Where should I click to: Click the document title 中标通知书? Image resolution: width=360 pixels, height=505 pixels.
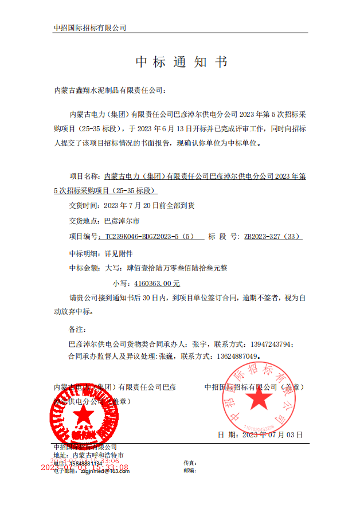coord(181,62)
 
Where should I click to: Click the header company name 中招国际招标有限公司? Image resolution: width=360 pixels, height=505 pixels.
coord(89,28)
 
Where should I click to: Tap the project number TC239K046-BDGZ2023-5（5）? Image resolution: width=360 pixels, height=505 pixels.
coord(150,236)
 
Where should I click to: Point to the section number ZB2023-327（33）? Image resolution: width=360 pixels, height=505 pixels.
coord(273,236)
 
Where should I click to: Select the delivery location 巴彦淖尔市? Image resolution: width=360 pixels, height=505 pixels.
coord(122,220)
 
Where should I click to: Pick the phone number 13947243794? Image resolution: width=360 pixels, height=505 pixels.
coord(270,345)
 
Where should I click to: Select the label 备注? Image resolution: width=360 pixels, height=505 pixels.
coord(77,330)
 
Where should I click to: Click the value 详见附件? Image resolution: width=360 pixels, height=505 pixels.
coord(119,252)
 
